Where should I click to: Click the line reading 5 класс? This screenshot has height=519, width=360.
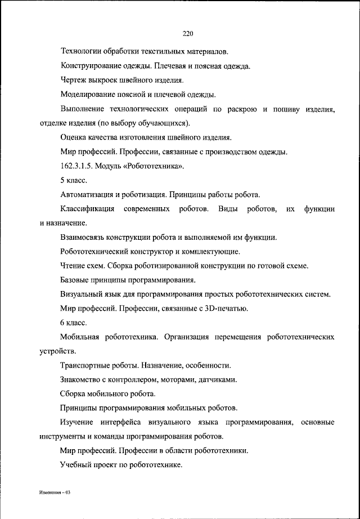pos(73,181)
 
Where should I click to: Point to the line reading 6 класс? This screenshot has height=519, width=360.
pos(73,323)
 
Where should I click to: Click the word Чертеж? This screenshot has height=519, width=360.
pos(73,80)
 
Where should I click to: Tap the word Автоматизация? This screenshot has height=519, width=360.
pos(88,195)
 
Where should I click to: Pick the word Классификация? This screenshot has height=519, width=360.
pos(87,209)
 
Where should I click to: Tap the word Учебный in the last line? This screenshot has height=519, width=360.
pos(75,464)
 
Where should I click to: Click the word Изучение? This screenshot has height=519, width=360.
pos(77,422)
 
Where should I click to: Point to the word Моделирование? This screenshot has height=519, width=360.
pos(87,95)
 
